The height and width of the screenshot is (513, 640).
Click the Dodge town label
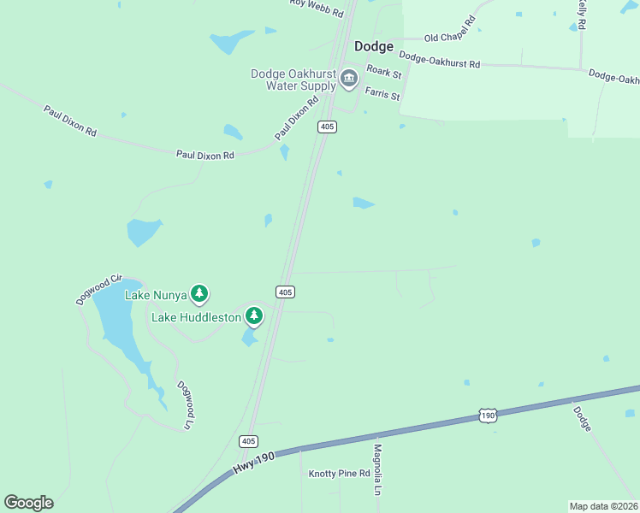click(374, 47)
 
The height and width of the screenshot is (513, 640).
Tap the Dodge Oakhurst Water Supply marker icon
click(349, 80)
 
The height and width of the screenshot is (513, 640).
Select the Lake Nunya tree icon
click(199, 295)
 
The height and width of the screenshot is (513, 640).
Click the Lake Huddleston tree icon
click(253, 316)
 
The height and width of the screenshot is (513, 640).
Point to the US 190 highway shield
click(487, 415)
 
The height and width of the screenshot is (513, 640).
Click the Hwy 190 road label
click(252, 463)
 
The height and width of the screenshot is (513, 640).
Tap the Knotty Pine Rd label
click(339, 473)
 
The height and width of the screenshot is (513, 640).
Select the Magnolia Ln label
click(376, 469)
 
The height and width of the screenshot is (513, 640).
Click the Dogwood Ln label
click(185, 405)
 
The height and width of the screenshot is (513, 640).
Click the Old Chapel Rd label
click(449, 38)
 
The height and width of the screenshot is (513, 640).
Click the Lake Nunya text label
click(156, 295)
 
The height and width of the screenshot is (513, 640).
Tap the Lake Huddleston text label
click(197, 317)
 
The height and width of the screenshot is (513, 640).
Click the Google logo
click(28, 503)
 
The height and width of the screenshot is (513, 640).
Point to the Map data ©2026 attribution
click(604, 505)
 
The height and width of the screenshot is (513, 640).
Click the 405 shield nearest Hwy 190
click(248, 441)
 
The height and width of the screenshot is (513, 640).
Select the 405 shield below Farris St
click(327, 127)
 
